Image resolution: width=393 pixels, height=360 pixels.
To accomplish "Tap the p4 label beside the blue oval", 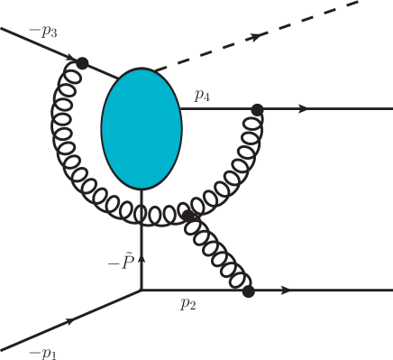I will (x=201, y=93).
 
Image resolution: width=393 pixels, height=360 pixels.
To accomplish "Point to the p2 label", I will (x=187, y=304).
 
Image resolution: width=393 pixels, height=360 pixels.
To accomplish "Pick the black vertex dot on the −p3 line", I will (x=83, y=62).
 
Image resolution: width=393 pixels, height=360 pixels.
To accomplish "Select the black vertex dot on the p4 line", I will (x=257, y=110).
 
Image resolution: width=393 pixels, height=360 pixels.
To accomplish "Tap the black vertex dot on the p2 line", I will (x=249, y=291).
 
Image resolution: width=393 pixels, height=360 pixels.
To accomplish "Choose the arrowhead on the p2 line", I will (x=287, y=291).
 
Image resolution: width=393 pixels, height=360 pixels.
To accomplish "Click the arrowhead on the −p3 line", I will (x=69, y=56).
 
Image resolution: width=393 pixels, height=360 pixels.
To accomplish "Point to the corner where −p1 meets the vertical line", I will (x=142, y=291).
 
